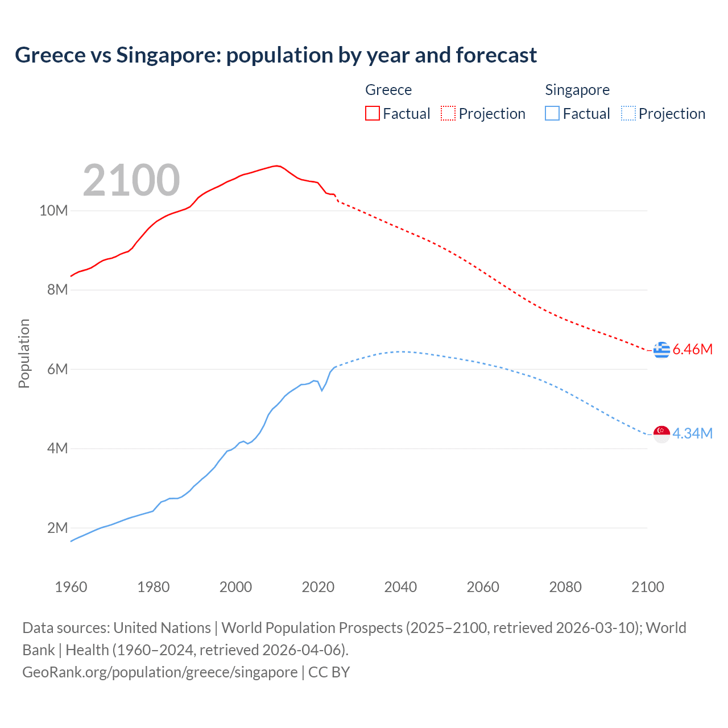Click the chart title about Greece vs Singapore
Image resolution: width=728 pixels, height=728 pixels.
click(x=276, y=55)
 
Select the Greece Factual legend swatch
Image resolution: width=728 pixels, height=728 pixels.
click(x=372, y=113)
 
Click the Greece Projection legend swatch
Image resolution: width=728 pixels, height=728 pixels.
click(x=448, y=113)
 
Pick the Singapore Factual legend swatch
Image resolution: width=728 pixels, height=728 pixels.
click(x=552, y=113)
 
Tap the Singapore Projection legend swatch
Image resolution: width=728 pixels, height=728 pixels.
click(x=628, y=113)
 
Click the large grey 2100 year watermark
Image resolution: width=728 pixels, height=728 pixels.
click(x=131, y=180)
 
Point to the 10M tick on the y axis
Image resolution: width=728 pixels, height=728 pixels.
click(x=53, y=211)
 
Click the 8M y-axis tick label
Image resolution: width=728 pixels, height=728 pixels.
click(x=57, y=290)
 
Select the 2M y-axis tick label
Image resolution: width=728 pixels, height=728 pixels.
click(x=57, y=528)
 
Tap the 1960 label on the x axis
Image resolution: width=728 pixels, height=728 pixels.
click(x=71, y=587)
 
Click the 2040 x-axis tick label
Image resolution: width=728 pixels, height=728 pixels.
click(x=400, y=587)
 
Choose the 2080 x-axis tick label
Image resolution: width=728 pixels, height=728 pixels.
click(x=565, y=587)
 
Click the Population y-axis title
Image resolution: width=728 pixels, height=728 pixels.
click(x=24, y=353)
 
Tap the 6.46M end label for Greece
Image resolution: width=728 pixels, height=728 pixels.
click(x=692, y=349)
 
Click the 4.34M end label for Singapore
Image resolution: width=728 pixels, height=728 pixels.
click(x=692, y=433)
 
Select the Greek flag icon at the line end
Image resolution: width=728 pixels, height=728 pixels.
click(x=661, y=350)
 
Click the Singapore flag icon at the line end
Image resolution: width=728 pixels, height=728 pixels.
click(x=661, y=434)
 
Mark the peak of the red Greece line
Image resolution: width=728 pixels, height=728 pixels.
click(x=276, y=166)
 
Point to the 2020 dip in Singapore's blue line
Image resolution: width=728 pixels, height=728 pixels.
click(x=322, y=390)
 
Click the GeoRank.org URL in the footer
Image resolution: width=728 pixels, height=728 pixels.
click(x=160, y=672)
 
